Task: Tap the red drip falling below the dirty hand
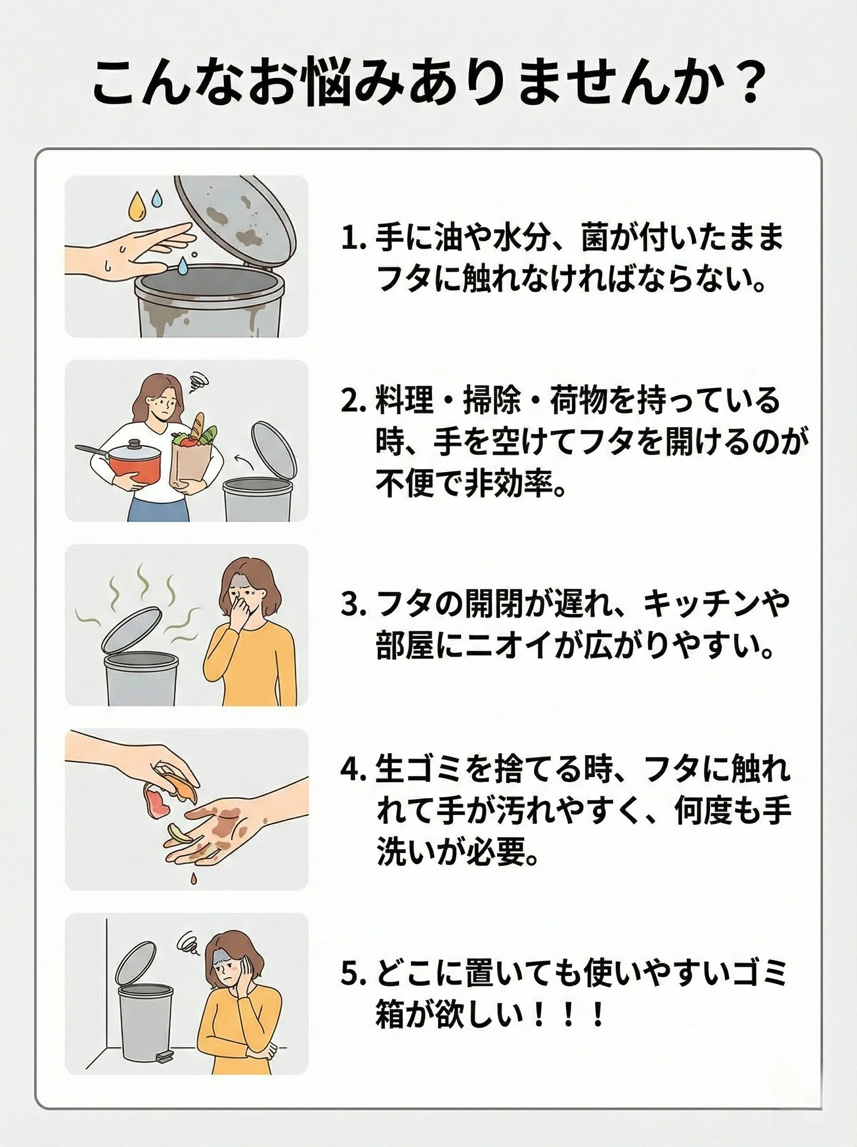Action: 194,878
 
